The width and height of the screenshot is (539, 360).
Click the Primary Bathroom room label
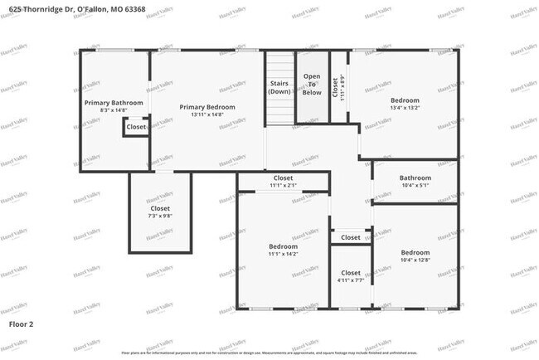pos(114,103)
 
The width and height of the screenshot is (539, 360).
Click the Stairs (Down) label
pos(279,87)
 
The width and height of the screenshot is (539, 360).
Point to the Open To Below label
pos(312,84)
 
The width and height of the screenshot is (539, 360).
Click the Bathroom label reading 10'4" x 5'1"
pos(415,178)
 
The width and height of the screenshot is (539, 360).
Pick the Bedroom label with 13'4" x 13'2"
pos(405,100)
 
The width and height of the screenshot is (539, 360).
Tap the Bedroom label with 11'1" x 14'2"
pos(283,246)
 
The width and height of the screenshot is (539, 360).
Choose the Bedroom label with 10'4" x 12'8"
pos(415,252)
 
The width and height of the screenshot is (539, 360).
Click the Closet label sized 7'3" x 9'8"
pos(159,209)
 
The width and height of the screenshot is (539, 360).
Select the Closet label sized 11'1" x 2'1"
pos(283,178)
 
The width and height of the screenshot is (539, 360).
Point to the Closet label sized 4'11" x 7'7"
pos(351,273)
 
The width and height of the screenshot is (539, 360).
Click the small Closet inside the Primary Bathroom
pos(136,127)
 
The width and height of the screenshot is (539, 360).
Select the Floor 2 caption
pos(22,324)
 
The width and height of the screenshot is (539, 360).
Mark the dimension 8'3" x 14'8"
pos(114,110)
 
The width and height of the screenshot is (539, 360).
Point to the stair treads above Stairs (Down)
pos(279,65)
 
